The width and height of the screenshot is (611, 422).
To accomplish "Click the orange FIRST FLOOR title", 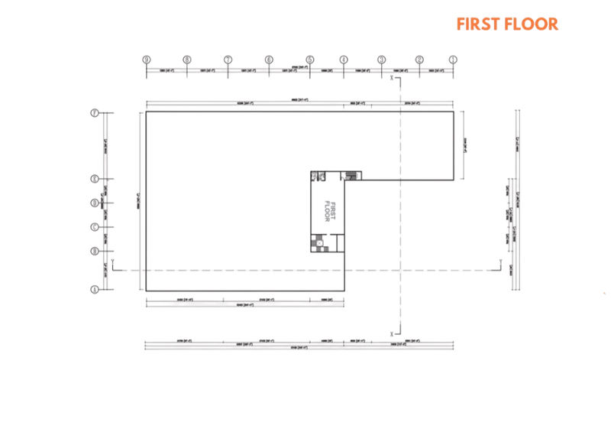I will pyautogui.click(x=507, y=24).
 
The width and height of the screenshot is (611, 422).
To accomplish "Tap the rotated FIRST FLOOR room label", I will pyautogui.click(x=330, y=211).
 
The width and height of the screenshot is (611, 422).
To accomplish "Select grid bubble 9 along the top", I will pyautogui.click(x=145, y=59).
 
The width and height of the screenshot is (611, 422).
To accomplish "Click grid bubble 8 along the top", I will pyautogui.click(x=186, y=59).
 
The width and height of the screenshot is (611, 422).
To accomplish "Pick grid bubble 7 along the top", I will pyautogui.click(x=228, y=59).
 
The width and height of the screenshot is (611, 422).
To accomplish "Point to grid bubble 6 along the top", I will pyautogui.click(x=269, y=59).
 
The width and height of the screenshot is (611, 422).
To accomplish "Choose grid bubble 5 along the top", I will pyautogui.click(x=310, y=59).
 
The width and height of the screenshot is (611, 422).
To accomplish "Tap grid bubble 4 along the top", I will pyautogui.click(x=344, y=59).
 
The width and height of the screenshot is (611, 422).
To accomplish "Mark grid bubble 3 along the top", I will pyautogui.click(x=382, y=59).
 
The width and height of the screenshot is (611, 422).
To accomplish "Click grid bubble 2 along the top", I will pyautogui.click(x=419, y=59).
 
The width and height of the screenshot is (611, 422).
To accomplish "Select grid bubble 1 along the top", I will pyautogui.click(x=453, y=59).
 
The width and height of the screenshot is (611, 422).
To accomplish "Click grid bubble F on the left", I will pyautogui.click(x=95, y=113).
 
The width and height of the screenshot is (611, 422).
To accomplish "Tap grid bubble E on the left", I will pyautogui.click(x=95, y=180).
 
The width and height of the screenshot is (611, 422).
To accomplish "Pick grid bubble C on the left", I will pyautogui.click(x=95, y=226).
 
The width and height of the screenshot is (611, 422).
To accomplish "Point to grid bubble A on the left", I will pyautogui.click(x=95, y=290).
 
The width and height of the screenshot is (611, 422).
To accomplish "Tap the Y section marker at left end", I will pyautogui.click(x=113, y=264).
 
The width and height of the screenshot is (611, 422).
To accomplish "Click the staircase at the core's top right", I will pyautogui.click(x=351, y=175).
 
